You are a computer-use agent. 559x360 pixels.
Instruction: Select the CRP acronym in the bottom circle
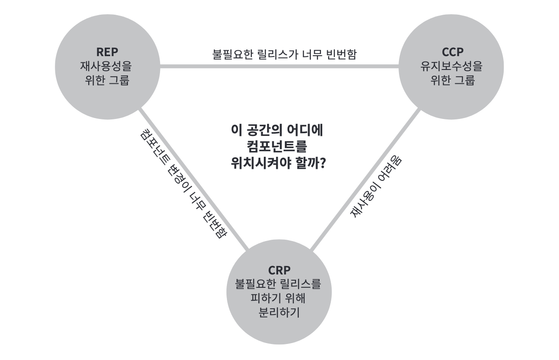click(279, 270)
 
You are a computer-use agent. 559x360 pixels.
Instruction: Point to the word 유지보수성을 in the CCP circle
click(452, 67)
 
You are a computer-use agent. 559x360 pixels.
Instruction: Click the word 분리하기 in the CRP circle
click(279, 312)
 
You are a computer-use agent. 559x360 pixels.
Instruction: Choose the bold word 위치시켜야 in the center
click(256, 163)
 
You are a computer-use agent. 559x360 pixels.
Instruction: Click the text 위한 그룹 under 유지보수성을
click(452, 81)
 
